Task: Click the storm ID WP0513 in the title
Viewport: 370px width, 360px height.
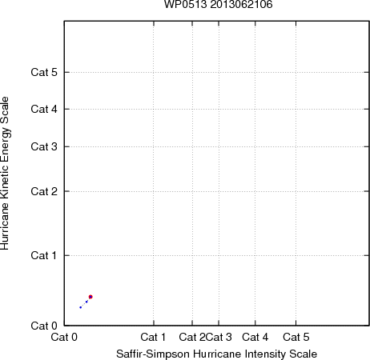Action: click(186, 4)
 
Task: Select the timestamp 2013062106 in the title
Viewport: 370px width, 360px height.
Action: click(241, 4)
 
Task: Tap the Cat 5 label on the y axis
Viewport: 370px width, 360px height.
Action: click(44, 72)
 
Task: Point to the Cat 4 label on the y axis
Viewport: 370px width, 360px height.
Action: click(44, 109)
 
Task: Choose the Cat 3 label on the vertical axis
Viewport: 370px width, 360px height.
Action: click(44, 146)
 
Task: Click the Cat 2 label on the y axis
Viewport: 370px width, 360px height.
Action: click(44, 191)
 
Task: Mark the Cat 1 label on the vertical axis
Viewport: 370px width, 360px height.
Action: click(44, 255)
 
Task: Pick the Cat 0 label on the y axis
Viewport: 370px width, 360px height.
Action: click(44, 326)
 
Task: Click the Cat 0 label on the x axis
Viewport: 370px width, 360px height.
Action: click(64, 337)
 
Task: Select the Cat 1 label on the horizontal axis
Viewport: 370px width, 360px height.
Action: click(153, 337)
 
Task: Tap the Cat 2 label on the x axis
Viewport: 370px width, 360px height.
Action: click(192, 337)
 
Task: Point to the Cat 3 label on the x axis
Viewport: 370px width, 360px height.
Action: click(219, 337)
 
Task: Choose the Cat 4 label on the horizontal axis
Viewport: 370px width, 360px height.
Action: click(255, 337)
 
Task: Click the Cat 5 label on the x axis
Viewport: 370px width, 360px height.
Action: click(296, 337)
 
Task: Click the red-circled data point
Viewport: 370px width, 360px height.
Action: click(90, 297)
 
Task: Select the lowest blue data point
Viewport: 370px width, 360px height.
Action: click(80, 307)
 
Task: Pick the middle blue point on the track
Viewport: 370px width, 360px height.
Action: click(86, 302)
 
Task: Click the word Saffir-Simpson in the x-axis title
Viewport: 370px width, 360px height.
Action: click(153, 354)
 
